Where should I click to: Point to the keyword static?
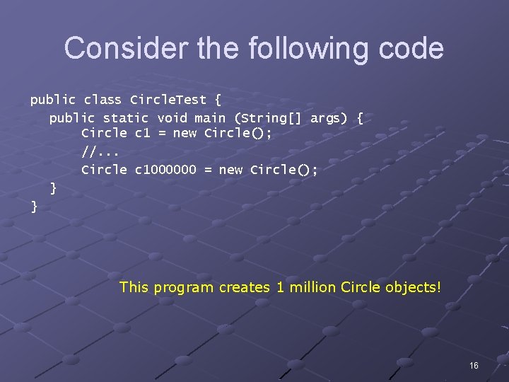[126, 118]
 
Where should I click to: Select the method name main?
[209, 118]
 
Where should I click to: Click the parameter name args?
[329, 118]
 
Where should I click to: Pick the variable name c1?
[140, 133]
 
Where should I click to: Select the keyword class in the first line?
[103, 100]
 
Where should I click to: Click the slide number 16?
[473, 365]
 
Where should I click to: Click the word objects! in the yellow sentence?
[414, 287]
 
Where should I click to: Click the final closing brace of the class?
[34, 207]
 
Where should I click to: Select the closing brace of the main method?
[53, 188]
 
